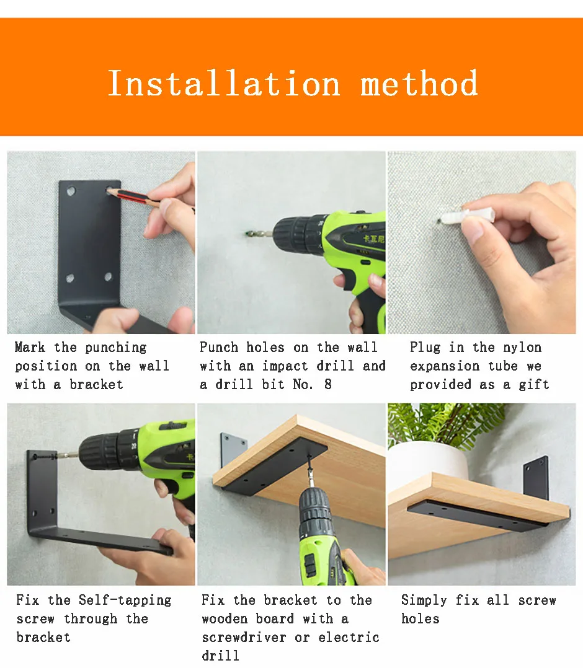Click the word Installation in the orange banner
coord(224,84)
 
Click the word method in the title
coord(419,84)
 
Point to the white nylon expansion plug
coord(467,216)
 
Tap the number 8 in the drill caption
coord(327,384)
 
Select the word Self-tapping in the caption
coord(125,600)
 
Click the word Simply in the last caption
coord(424,600)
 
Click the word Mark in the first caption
coord(30,347)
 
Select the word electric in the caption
coord(349,637)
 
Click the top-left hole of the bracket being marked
coord(71,191)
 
